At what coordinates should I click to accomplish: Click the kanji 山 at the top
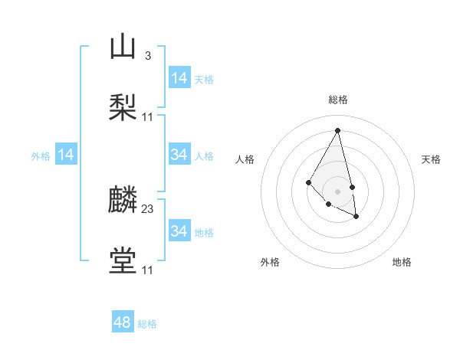[x=123, y=46]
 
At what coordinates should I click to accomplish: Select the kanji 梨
[x=123, y=106]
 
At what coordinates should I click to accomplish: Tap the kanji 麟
[x=123, y=200]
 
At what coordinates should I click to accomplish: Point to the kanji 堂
[x=123, y=260]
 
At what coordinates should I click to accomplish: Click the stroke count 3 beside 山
[x=147, y=55]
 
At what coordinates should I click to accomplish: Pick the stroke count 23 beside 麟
[x=148, y=209]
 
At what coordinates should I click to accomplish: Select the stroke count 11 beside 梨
[x=148, y=116]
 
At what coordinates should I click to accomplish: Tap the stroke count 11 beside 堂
[x=148, y=270]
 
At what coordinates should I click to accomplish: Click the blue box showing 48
[x=123, y=322]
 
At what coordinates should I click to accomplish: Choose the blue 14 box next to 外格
[x=66, y=155]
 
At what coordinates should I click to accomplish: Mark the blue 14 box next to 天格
[x=179, y=78]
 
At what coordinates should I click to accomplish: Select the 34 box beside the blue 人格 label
[x=179, y=155]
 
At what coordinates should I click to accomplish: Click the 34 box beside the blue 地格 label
[x=179, y=231]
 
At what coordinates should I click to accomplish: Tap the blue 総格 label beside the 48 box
[x=147, y=324]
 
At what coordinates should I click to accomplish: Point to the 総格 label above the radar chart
[x=337, y=100]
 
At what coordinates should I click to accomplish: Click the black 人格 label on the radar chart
[x=245, y=159]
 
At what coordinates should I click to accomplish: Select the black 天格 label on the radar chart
[x=431, y=159]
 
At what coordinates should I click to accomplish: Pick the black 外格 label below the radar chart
[x=270, y=262]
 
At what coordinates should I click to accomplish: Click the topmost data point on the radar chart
[x=337, y=129]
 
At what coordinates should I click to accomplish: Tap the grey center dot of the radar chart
[x=337, y=191]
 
